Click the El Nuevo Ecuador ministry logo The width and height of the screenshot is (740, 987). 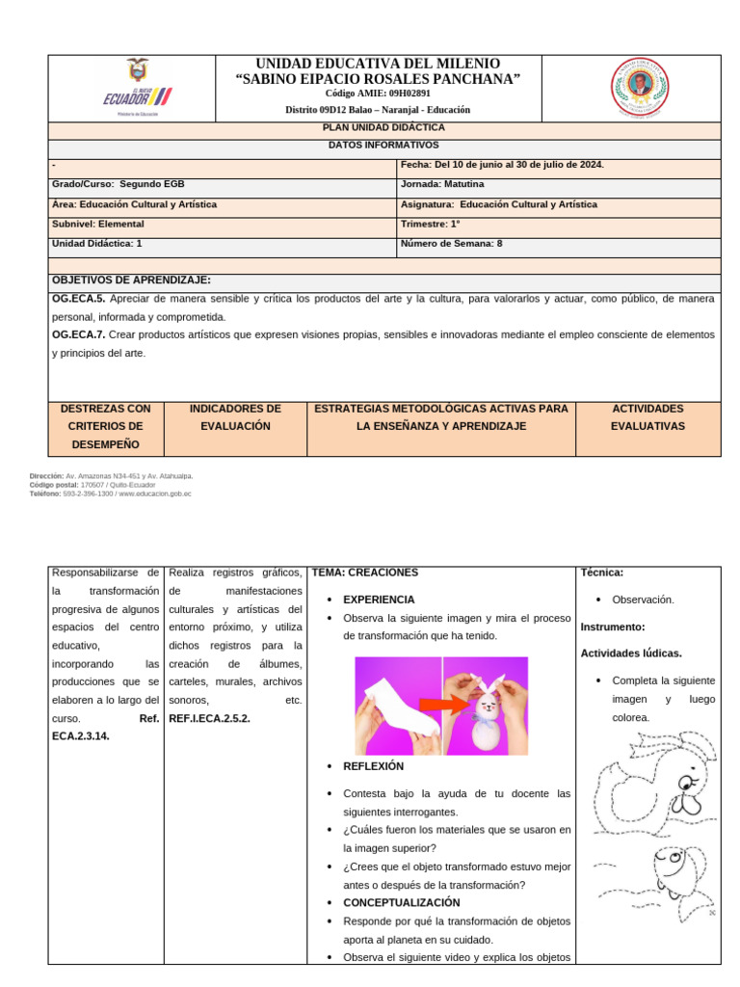(x=137, y=88)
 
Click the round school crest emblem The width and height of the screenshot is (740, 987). (x=639, y=88)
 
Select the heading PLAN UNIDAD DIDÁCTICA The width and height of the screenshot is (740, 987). (x=383, y=127)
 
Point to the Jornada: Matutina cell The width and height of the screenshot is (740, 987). (x=442, y=184)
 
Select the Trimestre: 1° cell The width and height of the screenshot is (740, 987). (x=430, y=224)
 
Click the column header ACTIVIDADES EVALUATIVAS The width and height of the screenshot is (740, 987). (x=647, y=417)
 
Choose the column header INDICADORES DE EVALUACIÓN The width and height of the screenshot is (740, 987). (x=235, y=417)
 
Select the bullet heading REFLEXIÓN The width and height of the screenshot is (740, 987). (x=374, y=766)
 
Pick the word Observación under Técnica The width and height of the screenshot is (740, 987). (x=643, y=600)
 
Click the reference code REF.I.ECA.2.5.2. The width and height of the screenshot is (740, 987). (x=209, y=718)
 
